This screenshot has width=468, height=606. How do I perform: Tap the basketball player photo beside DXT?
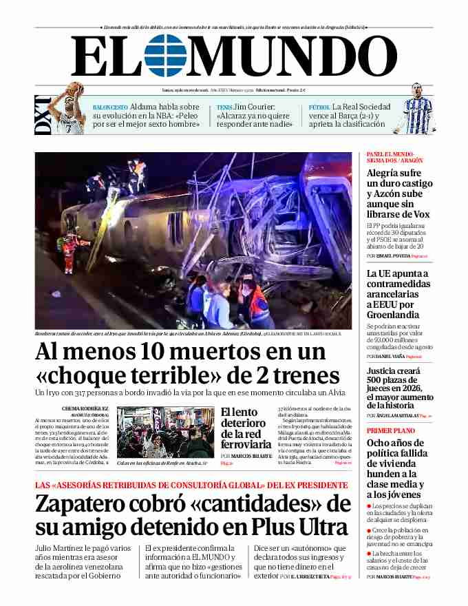coord(72,106)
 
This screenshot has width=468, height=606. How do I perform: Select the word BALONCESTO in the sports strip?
coord(110,107)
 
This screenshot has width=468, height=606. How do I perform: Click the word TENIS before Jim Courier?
coord(224,107)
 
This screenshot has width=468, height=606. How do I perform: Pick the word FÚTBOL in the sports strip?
coord(319,107)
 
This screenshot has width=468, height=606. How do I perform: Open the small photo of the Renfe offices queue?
coord(165,432)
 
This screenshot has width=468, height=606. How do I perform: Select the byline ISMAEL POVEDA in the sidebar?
coord(393,255)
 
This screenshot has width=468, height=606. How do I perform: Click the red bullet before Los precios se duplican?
coord(369,506)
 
